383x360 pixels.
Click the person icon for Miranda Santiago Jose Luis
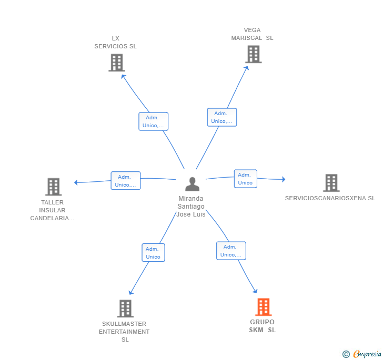(192, 184)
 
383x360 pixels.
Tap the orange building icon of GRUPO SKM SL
(263, 307)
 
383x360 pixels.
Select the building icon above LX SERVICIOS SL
(116, 63)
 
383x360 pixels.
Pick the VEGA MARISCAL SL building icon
(253, 54)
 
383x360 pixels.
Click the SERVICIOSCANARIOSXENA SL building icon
(331, 183)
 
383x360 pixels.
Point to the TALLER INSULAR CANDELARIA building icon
(53, 187)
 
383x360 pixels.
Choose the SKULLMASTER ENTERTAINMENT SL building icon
(125, 308)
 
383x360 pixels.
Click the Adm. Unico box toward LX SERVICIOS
(154, 121)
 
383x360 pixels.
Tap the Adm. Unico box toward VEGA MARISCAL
(221, 117)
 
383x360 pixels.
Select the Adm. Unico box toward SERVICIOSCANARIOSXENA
(245, 179)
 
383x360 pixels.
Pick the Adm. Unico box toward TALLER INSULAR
(126, 181)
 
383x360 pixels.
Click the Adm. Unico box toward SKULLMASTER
(153, 252)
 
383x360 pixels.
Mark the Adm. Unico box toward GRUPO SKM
(231, 251)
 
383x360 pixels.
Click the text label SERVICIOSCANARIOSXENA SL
(330, 198)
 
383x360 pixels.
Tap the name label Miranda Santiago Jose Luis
(191, 207)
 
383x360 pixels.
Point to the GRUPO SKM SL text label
(262, 326)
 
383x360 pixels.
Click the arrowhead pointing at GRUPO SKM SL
(255, 291)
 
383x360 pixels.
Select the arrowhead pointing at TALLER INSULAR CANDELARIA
(76, 182)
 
